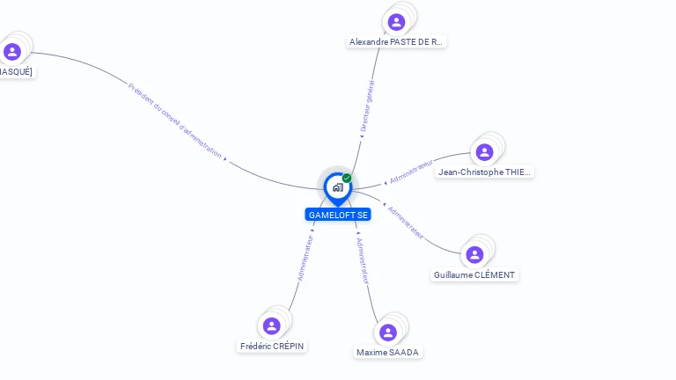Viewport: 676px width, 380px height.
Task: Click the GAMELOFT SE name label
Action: (338, 215)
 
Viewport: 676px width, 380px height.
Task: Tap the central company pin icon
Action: (337, 187)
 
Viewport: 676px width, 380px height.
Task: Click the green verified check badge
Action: (347, 179)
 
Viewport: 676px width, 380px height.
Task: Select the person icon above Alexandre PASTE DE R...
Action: (396, 22)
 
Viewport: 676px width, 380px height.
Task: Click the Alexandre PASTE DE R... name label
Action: (397, 41)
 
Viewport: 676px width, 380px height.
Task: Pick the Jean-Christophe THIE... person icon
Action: (484, 152)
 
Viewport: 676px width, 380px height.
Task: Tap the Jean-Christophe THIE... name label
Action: (485, 172)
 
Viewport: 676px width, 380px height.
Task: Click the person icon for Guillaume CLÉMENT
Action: (475, 255)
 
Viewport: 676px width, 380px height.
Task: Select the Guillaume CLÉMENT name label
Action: (475, 274)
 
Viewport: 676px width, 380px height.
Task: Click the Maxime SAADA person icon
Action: (388, 332)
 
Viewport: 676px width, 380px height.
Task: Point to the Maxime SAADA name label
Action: (388, 352)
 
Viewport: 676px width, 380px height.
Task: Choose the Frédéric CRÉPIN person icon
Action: (272, 326)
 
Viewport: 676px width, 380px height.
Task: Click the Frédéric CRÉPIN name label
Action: (272, 346)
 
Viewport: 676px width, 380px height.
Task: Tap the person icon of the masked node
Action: (12, 52)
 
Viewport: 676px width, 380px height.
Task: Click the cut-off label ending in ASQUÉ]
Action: (16, 71)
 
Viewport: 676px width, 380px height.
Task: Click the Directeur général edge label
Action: (367, 106)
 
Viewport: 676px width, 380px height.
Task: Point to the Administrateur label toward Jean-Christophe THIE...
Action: (410, 172)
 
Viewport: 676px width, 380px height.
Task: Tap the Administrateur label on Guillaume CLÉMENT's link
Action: (407, 223)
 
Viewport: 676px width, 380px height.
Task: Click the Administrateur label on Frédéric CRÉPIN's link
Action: (305, 257)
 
